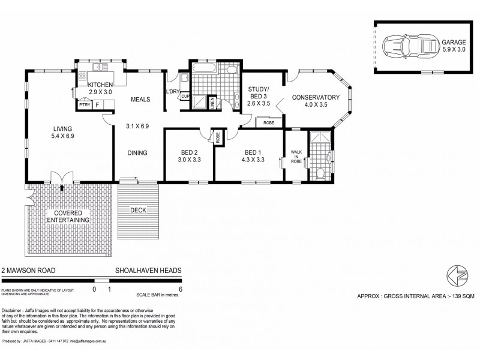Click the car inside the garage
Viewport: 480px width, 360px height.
[413, 46]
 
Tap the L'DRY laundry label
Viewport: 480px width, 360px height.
[172, 91]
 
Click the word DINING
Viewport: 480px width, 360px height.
[137, 152]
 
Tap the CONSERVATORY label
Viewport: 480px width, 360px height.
[316, 98]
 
